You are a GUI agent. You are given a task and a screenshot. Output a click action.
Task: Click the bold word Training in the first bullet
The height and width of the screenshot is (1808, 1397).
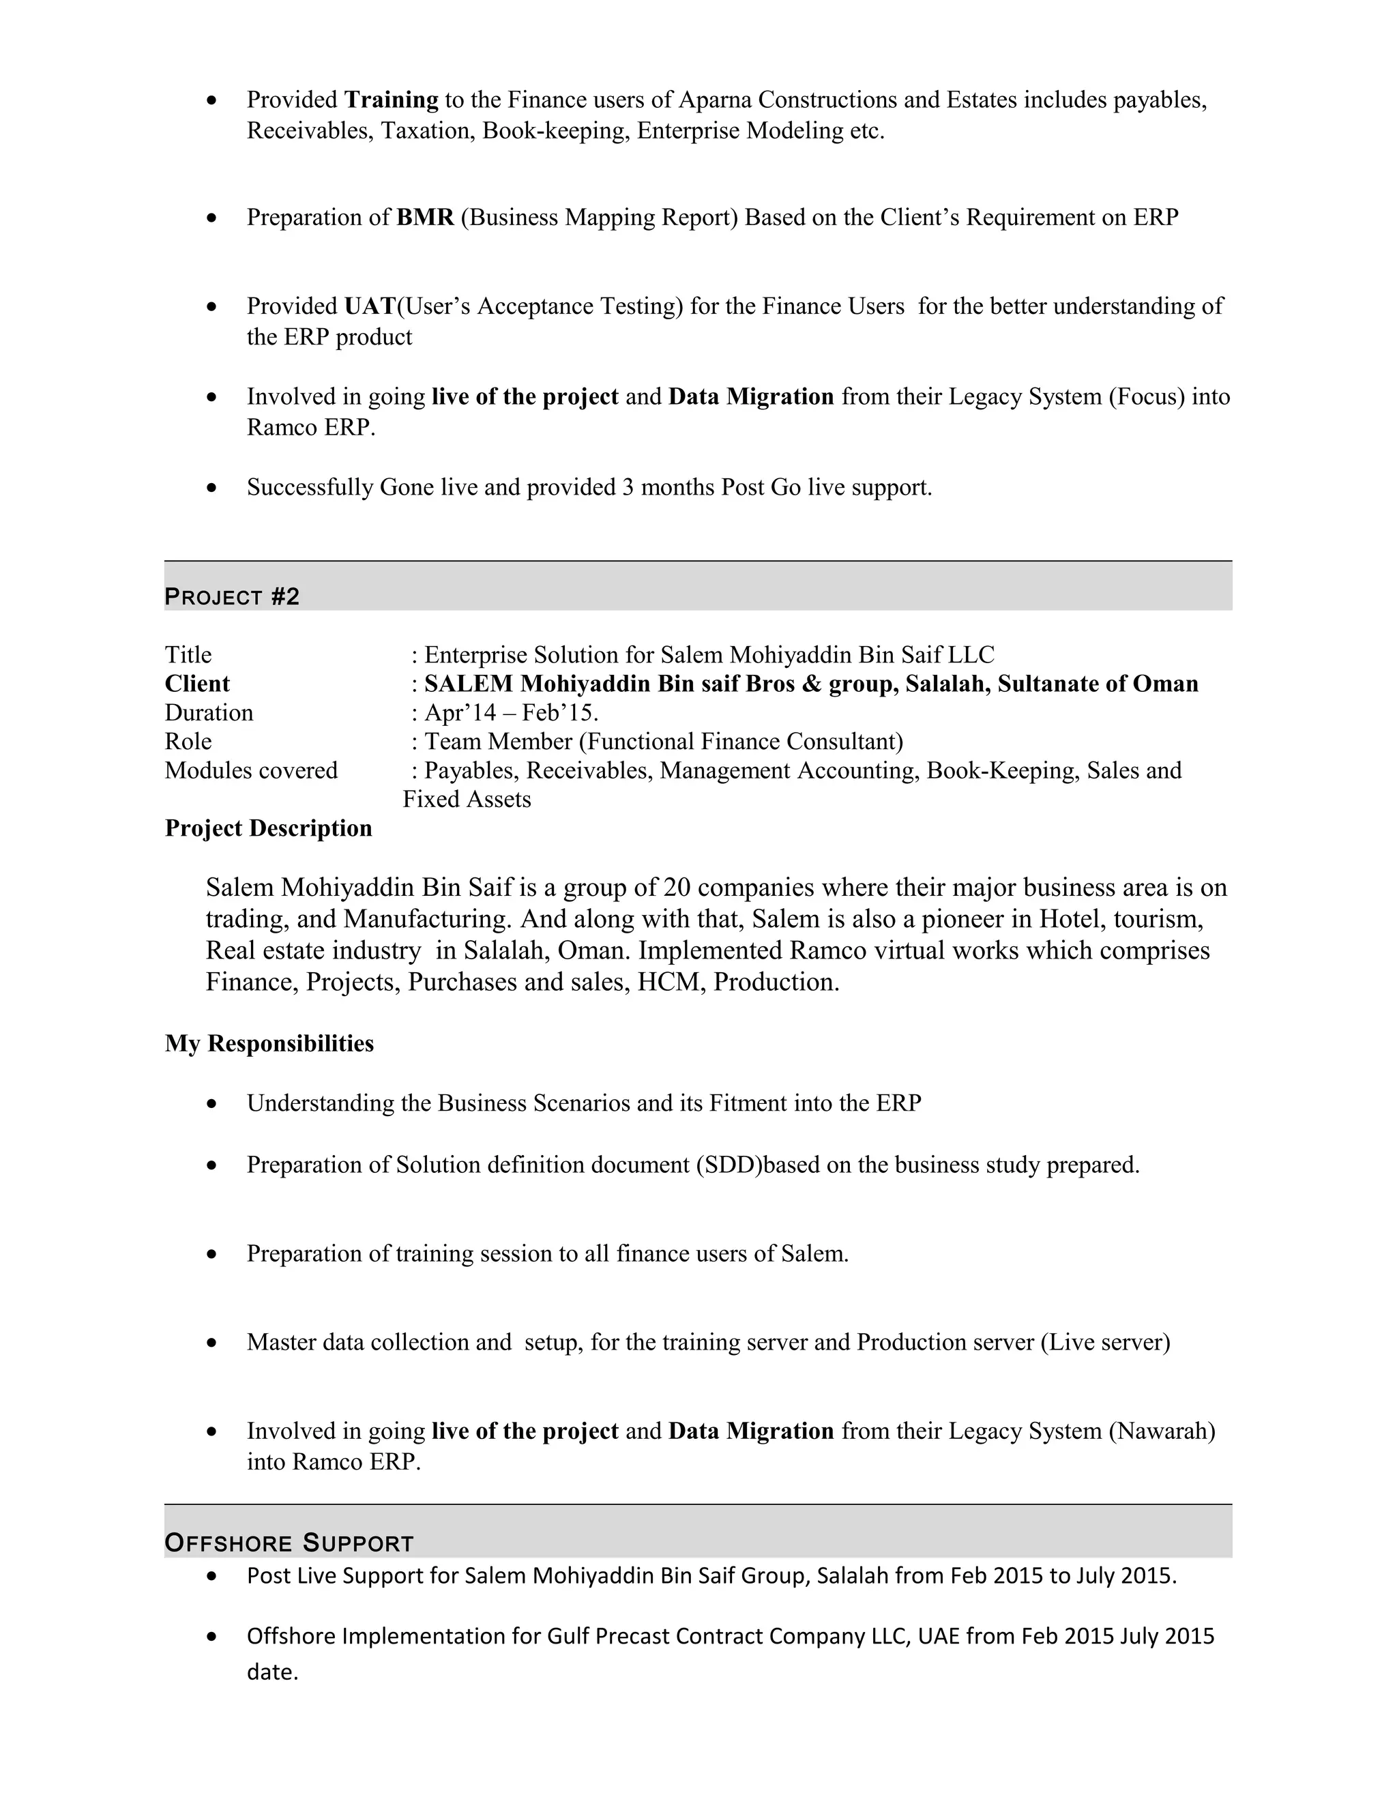tap(391, 100)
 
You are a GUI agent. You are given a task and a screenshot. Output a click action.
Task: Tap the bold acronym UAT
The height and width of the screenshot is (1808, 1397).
tap(369, 306)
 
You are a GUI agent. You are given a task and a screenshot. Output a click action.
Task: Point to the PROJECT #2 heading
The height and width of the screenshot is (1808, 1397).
tap(232, 596)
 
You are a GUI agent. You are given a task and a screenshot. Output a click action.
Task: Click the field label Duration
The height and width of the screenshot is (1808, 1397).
tap(209, 713)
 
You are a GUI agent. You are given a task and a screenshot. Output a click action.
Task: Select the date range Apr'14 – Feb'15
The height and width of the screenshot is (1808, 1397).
tap(511, 713)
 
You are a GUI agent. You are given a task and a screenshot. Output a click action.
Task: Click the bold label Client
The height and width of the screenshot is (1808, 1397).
tap(197, 684)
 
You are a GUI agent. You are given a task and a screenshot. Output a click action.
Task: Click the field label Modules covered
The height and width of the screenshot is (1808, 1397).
tap(251, 771)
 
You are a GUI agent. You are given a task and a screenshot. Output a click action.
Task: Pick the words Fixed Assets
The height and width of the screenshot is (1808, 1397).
tap(467, 800)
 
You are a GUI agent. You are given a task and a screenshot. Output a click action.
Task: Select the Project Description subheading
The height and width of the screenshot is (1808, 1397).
tap(268, 829)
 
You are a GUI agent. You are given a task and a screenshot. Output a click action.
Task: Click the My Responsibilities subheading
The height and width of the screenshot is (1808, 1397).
tap(269, 1043)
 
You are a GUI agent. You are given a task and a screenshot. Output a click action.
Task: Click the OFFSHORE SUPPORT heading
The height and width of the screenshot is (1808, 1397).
tap(289, 1543)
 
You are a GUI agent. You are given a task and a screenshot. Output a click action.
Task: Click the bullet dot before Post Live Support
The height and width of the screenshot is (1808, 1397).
tap(213, 1575)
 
